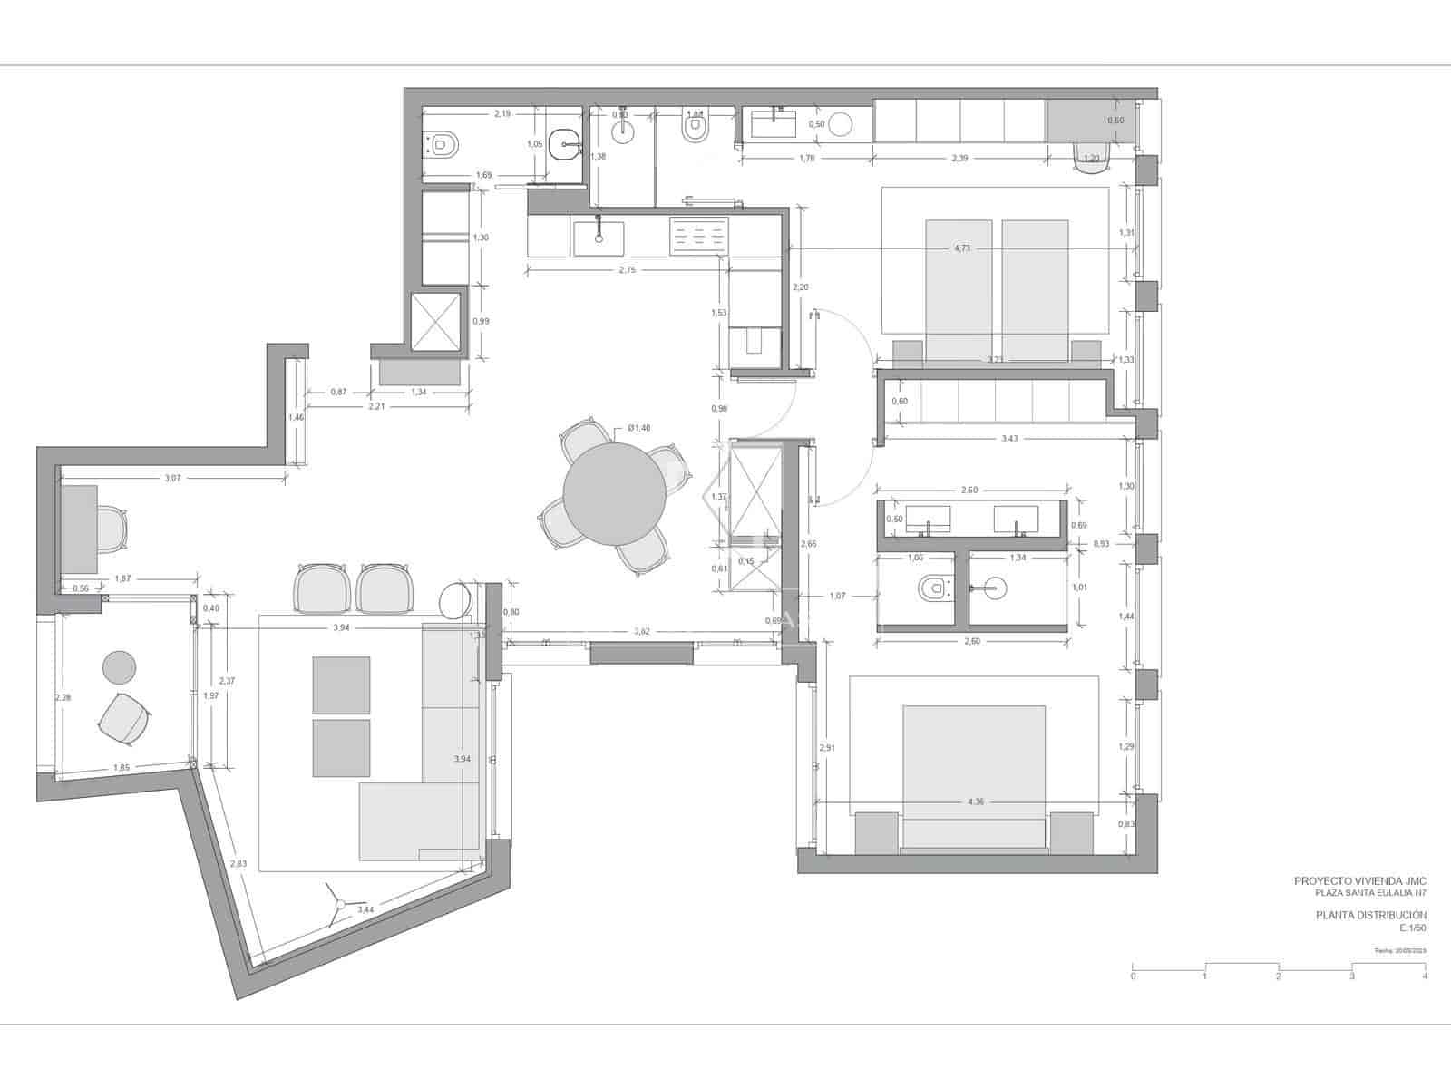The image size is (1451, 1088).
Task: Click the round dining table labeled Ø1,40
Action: (608, 495)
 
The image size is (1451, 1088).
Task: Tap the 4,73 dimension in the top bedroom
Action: (962, 248)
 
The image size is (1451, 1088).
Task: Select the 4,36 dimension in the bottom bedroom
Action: (976, 801)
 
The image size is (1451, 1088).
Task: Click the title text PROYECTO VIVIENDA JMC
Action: (1359, 880)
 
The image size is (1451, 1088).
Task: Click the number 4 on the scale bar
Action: (1425, 976)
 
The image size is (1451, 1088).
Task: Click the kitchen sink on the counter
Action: (599, 235)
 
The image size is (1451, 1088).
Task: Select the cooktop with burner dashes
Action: (698, 237)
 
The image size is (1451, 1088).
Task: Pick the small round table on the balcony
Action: (119, 667)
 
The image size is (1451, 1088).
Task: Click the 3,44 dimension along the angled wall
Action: (365, 909)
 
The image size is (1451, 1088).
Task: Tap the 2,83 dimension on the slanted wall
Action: (238, 864)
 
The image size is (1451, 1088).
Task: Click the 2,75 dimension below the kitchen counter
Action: (627, 270)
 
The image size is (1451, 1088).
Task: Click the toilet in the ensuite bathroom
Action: (931, 590)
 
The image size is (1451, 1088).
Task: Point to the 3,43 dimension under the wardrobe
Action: (1009, 439)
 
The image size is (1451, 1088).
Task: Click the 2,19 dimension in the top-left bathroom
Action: (502, 114)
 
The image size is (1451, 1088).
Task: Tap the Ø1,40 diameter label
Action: (638, 428)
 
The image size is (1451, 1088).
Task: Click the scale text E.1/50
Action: (1413, 928)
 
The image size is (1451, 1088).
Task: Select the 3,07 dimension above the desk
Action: (172, 478)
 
